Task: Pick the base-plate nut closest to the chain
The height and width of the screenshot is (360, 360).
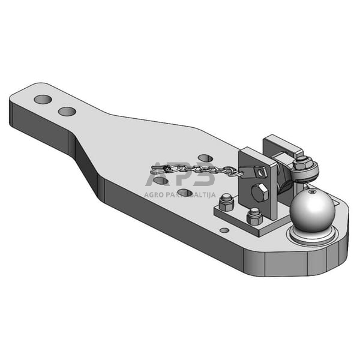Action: tap(226, 203)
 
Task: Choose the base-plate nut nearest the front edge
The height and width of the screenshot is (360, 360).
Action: tap(254, 215)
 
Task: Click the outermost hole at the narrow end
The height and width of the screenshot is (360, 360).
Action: tap(42, 98)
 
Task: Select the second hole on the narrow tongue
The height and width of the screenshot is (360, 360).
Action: tap(67, 111)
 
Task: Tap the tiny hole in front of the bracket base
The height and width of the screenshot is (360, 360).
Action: tap(224, 230)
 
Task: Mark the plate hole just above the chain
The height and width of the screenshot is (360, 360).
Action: tap(205, 158)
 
